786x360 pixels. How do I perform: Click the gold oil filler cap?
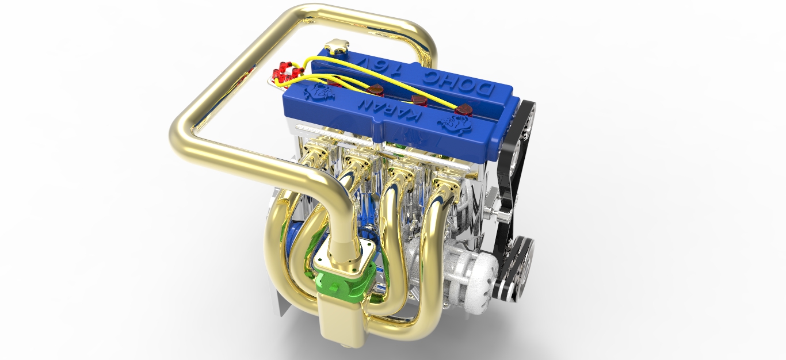coord(337,48)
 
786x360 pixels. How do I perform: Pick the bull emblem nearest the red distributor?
coord(318,91)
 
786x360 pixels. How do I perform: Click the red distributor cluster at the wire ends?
coord(284,74)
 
